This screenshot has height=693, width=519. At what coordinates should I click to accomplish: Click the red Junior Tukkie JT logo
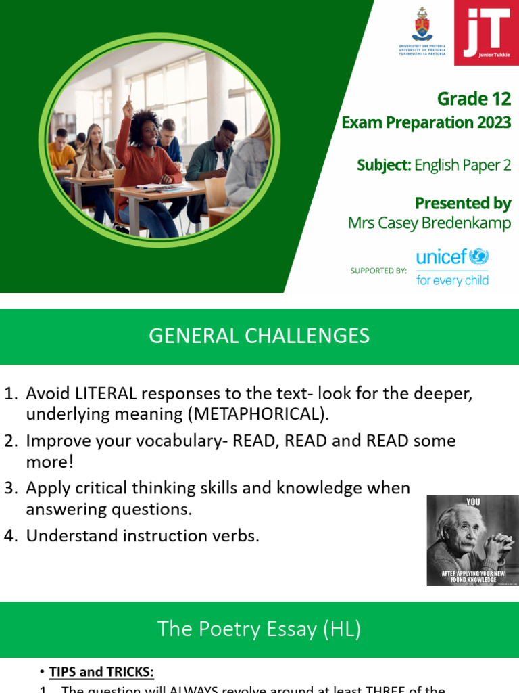click(x=487, y=32)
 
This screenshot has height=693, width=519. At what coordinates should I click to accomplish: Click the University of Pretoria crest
click(x=422, y=26)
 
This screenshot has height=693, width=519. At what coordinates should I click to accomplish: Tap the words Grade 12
click(x=474, y=99)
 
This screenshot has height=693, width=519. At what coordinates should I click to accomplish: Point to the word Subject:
click(x=384, y=164)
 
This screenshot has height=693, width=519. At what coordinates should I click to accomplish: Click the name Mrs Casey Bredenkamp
click(x=429, y=223)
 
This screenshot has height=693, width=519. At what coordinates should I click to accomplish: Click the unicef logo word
click(x=442, y=257)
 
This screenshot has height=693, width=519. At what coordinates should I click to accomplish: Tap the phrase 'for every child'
click(x=452, y=280)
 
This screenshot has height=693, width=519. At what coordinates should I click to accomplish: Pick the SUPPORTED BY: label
click(x=378, y=271)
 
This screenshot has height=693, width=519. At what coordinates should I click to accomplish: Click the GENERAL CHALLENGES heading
click(x=259, y=336)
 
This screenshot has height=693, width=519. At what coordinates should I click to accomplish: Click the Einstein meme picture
click(x=472, y=540)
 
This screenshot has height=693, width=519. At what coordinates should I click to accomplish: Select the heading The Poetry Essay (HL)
click(x=259, y=629)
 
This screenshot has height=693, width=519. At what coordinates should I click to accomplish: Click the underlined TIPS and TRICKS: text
click(x=101, y=672)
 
